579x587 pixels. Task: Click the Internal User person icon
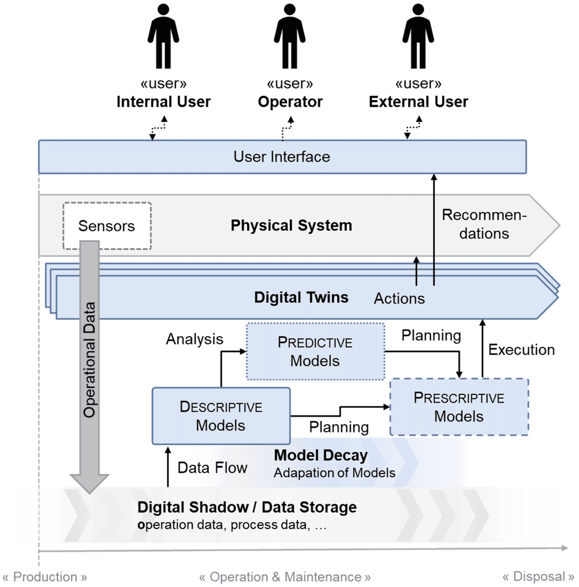coord(163,37)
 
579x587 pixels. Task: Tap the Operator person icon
coord(289,37)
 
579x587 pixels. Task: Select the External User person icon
coord(418,37)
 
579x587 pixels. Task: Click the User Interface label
coord(282,157)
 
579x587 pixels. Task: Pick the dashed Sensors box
coord(107,226)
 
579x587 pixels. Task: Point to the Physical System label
coord(291,225)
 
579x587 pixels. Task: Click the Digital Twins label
coord(301,297)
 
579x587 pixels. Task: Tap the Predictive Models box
coord(315,351)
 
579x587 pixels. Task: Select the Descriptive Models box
coord(221,416)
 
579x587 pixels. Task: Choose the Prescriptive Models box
coord(459,407)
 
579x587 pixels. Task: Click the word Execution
coord(521,350)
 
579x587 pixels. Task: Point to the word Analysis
coord(194,339)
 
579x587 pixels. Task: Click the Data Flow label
coord(212,468)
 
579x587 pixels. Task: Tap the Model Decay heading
coord(321,455)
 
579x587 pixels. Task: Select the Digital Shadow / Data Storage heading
coord(247,507)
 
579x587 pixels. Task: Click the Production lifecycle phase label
coord(45,577)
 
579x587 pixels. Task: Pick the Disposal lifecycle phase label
coord(538,576)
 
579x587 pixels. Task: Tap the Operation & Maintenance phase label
coord(285,577)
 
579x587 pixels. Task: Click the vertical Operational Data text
coord(90,360)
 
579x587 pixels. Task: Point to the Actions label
coord(399,299)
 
